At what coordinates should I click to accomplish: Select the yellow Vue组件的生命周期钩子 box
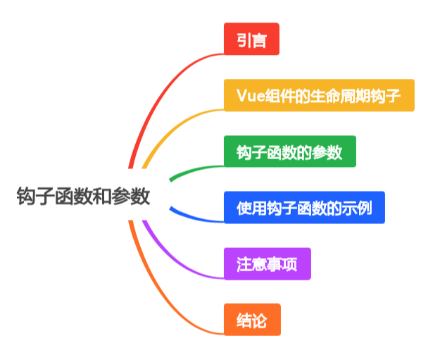tap(319, 95)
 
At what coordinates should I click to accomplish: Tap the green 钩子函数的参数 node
tap(289, 151)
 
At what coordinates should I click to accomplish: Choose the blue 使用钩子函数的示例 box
tap(304, 208)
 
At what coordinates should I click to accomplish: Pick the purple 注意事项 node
tap(267, 264)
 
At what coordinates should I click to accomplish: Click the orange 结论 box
tap(252, 320)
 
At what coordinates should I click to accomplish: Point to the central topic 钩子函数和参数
tap(83, 196)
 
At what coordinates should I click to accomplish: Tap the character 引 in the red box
tap(244, 39)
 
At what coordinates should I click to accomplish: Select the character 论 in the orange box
tap(260, 321)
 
